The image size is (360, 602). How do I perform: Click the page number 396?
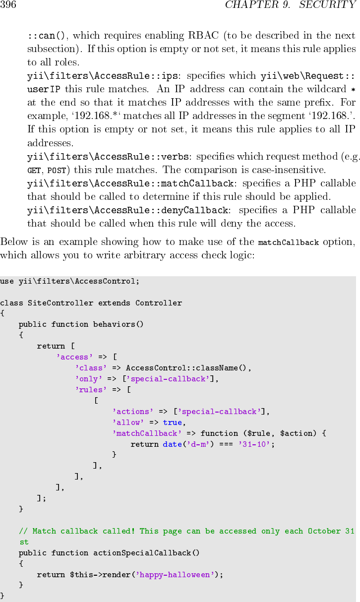tap(8, 5)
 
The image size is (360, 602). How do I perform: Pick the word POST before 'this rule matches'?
tap(57, 171)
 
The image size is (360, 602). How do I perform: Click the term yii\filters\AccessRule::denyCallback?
tap(127, 210)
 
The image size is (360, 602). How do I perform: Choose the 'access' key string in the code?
tap(75, 357)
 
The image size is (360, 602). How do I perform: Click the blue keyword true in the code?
tap(172, 422)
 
